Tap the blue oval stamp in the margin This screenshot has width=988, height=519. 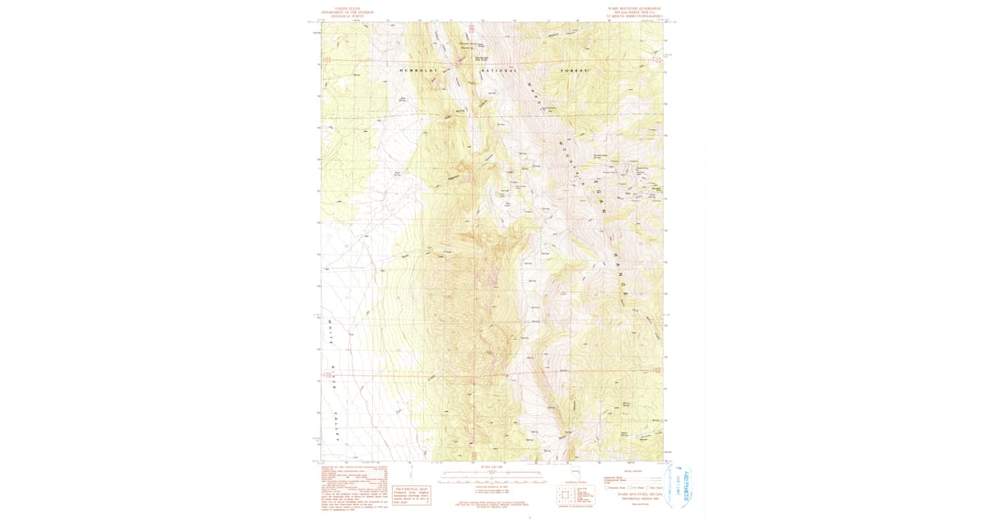679,487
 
